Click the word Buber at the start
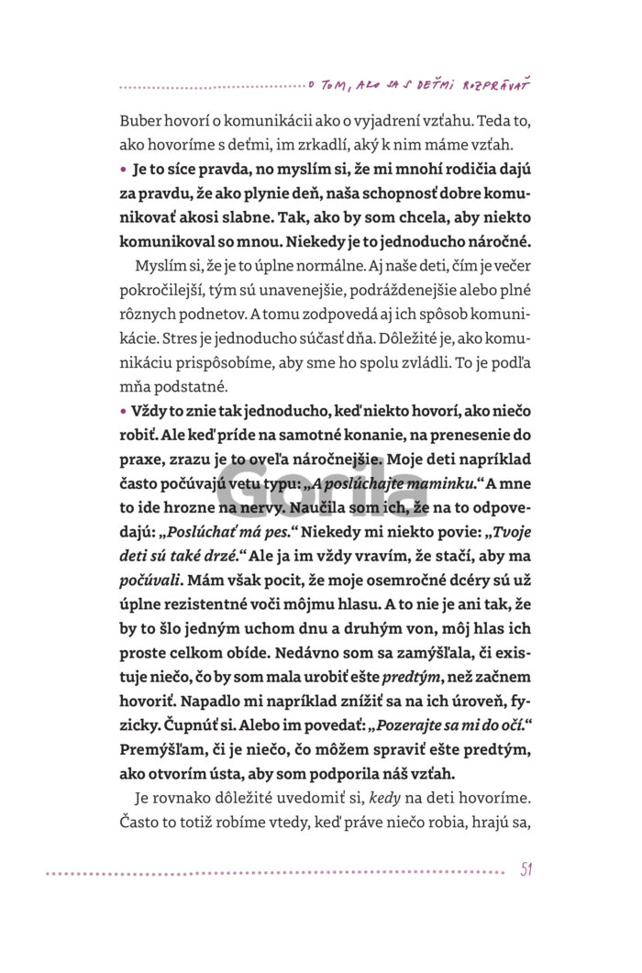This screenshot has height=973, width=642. [x=139, y=122]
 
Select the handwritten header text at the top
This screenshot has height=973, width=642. [x=421, y=84]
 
